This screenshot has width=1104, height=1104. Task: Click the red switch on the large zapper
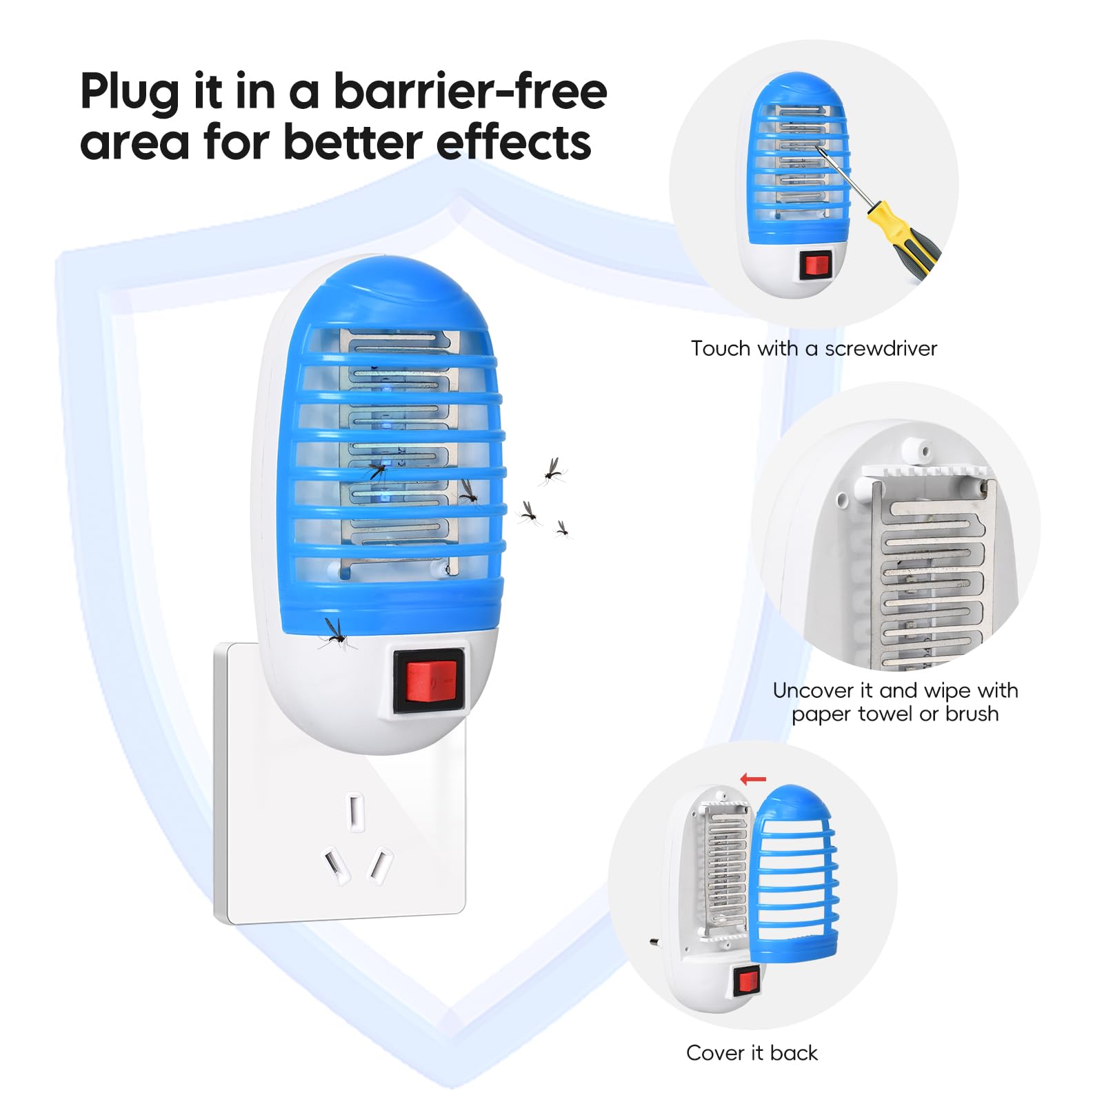[428, 681]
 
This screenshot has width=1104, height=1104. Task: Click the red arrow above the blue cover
[753, 779]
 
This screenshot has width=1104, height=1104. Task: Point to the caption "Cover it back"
[752, 1053]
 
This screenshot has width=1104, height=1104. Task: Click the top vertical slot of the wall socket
[356, 812]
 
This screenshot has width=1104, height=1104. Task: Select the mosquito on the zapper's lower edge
[336, 635]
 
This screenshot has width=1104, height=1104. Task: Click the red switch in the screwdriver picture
[816, 265]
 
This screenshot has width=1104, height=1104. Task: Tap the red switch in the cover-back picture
[746, 980]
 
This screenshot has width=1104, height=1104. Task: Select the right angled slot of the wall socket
[381, 865]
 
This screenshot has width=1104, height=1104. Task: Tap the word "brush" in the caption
[972, 714]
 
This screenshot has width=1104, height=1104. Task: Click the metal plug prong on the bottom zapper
[654, 941]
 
